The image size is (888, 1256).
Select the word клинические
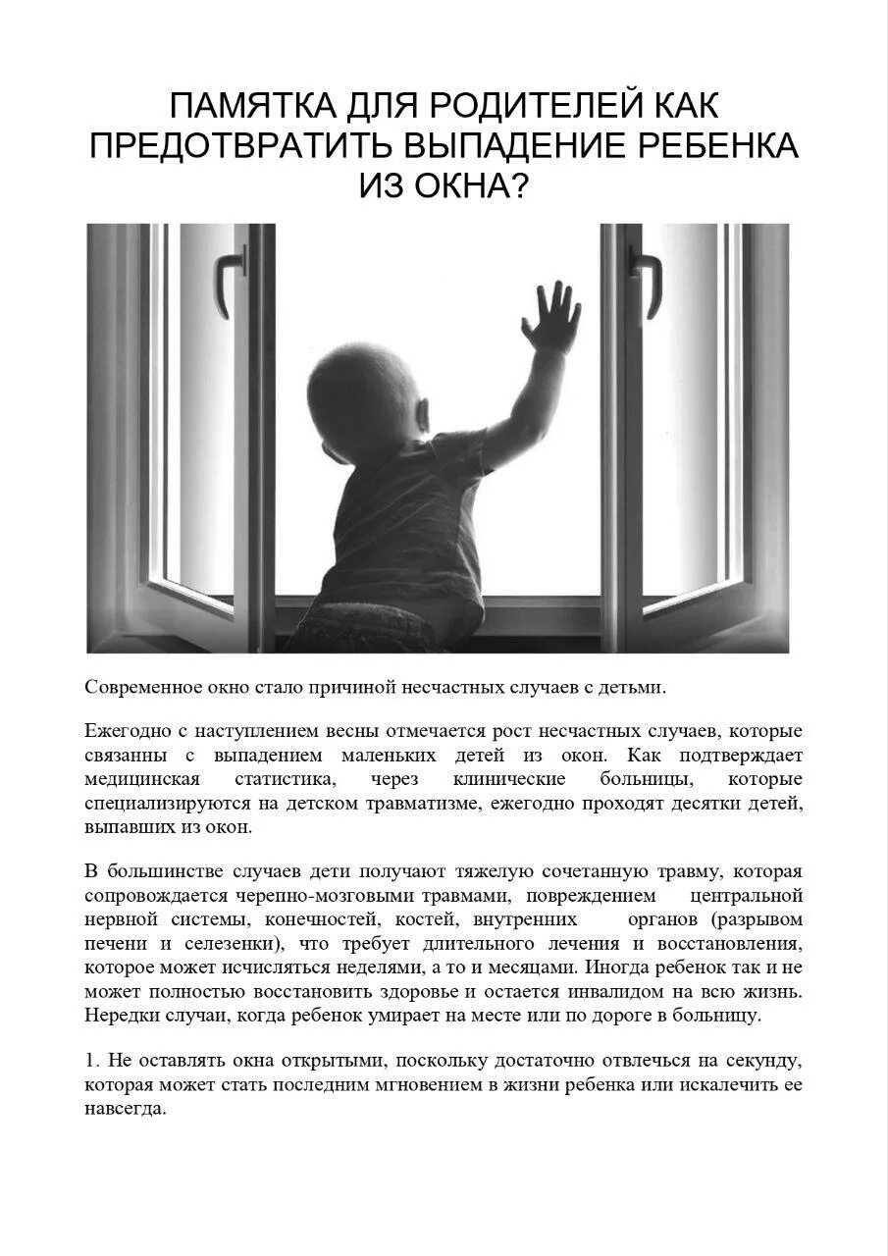click(x=509, y=779)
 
